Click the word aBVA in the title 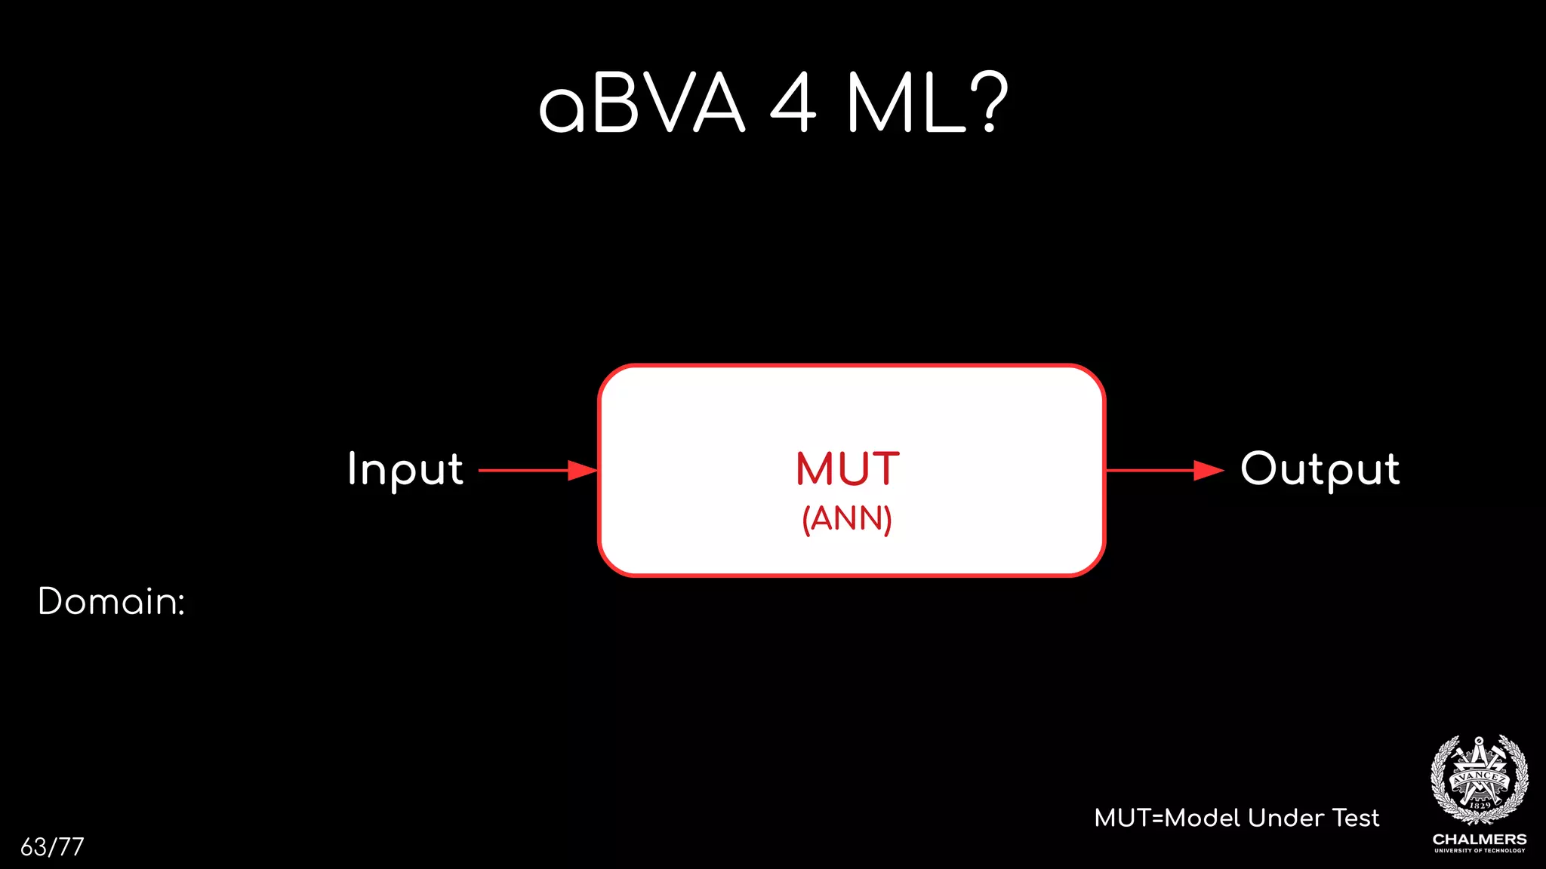coord(642,104)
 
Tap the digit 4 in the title coord(793,104)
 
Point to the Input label coord(405,469)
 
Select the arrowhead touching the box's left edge coord(583,471)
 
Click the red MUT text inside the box coord(848,468)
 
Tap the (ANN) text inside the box coord(847,519)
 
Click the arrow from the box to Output coord(1151,471)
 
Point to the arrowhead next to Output coord(1209,471)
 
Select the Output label coord(1320,469)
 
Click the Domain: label coord(111,601)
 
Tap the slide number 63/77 coord(52,847)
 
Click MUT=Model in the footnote coord(1167,818)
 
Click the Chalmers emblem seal coord(1480,780)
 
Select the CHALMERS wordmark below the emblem coord(1480,840)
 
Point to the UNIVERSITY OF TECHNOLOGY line coord(1480,851)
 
